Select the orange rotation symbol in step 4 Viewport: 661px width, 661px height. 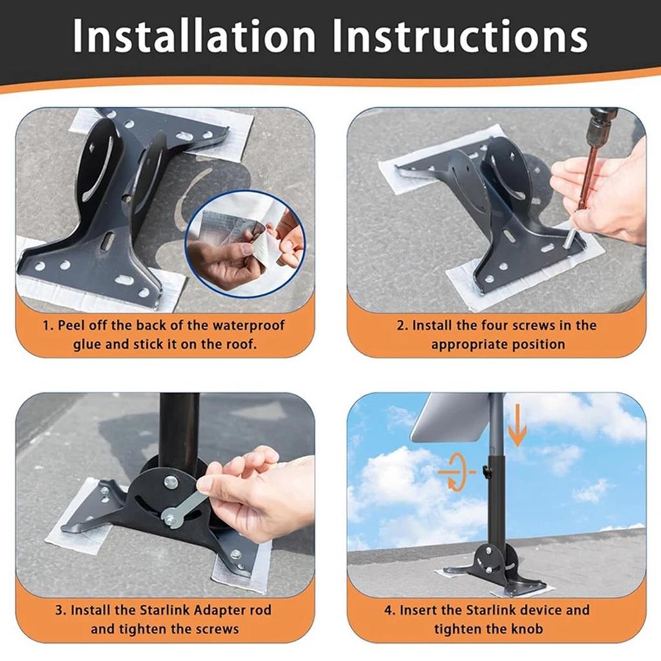coord(456,473)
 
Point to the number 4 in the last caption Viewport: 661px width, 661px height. coord(388,609)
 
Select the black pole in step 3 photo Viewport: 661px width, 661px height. coord(179,426)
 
